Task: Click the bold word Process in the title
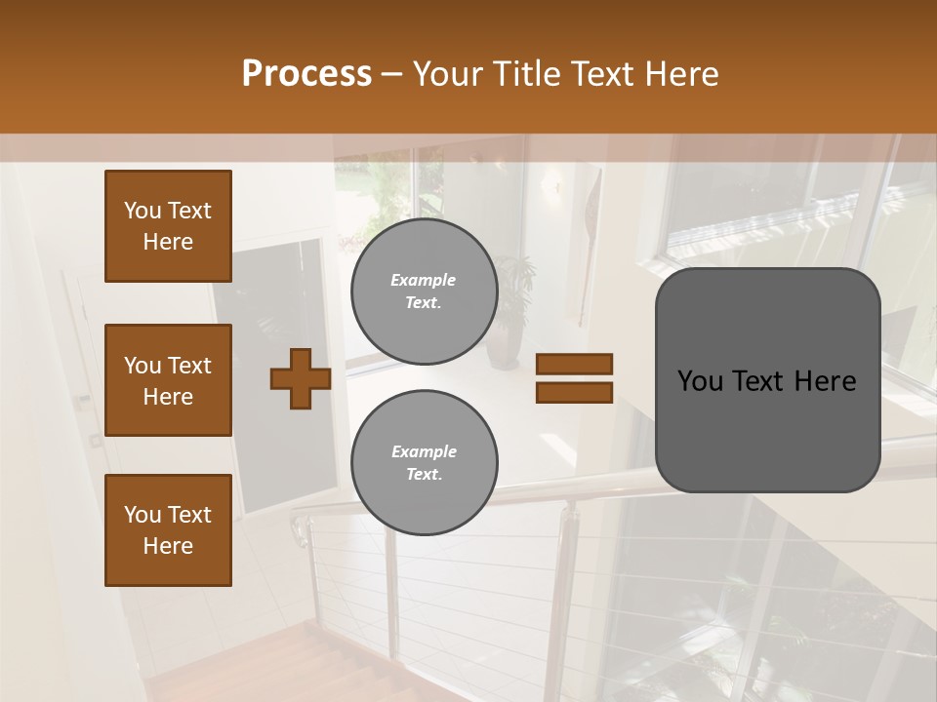(306, 74)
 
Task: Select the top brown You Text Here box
(168, 226)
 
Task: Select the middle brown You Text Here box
(168, 380)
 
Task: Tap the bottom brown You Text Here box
(168, 529)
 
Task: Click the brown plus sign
(301, 378)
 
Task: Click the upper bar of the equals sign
(574, 365)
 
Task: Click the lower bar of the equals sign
(574, 392)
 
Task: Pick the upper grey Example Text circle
(425, 291)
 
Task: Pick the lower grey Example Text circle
(425, 462)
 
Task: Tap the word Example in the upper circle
(424, 280)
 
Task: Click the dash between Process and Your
(392, 75)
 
